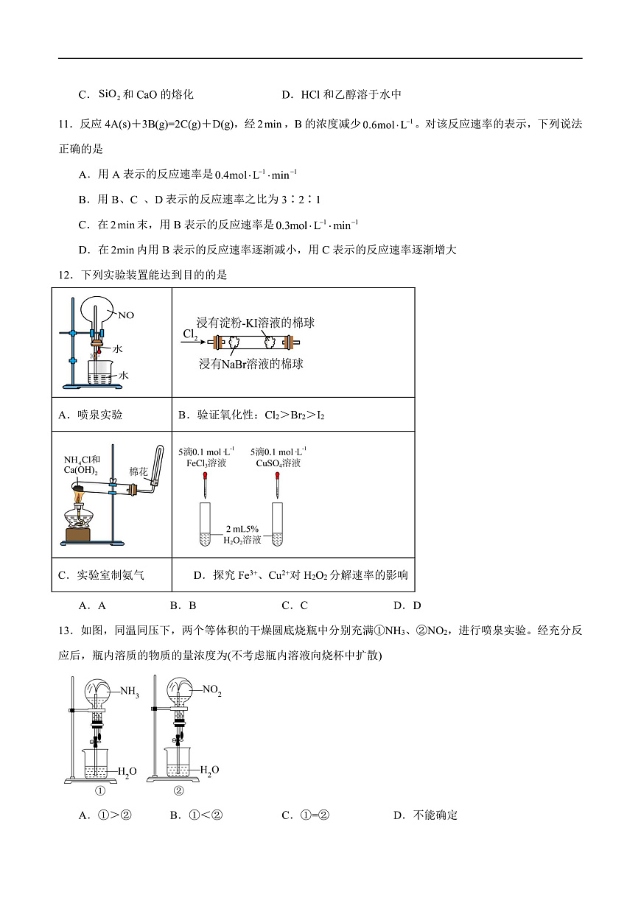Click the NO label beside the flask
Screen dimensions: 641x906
(126, 315)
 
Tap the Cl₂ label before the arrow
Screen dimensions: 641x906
(191, 334)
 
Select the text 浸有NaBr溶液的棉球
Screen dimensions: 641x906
(251, 363)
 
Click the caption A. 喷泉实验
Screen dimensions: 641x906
(91, 415)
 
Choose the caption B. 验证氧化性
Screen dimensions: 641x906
(251, 415)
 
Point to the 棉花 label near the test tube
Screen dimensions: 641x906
(139, 471)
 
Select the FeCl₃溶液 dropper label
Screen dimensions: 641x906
(206, 457)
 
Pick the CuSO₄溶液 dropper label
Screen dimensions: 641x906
(278, 457)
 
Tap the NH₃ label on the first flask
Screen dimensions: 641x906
(130, 692)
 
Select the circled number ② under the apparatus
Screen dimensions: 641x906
(178, 792)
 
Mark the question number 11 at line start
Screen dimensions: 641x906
(65, 124)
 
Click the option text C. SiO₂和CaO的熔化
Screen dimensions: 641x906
(136, 94)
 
